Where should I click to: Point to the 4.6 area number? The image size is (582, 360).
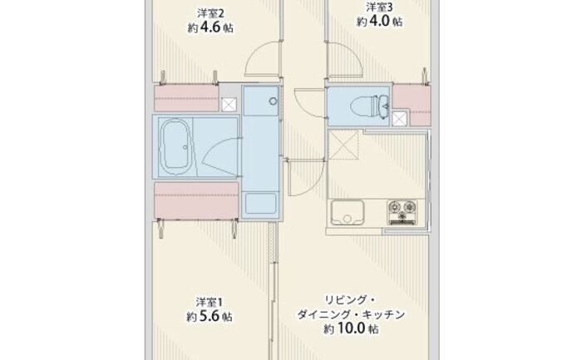[x=211, y=27]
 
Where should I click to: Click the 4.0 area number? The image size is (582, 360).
[x=379, y=21]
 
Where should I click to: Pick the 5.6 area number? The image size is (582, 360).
[x=210, y=316]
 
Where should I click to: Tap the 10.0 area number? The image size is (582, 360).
[x=351, y=328]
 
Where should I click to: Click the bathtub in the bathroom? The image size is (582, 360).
[x=175, y=147]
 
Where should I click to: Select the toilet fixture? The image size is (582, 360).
[x=369, y=106]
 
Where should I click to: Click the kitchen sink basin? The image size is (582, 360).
[x=348, y=212]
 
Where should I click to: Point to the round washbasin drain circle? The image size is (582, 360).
[x=274, y=101]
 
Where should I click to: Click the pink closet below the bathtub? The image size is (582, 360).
[x=196, y=200]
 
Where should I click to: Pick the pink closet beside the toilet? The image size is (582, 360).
[x=412, y=105]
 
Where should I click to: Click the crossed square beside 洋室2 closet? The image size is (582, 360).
[x=229, y=105]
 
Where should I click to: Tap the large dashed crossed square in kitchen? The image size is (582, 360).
[x=343, y=145]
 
